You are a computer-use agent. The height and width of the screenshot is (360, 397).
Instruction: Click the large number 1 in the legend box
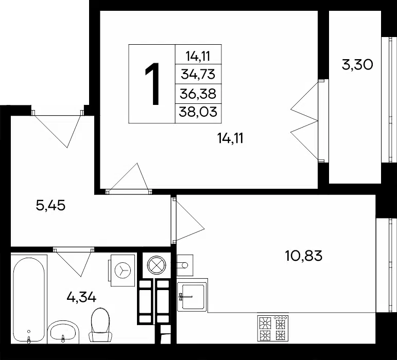tap(152, 84)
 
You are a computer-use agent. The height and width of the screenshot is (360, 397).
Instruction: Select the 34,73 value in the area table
tap(198, 75)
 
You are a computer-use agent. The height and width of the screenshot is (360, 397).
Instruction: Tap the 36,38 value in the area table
tap(198, 94)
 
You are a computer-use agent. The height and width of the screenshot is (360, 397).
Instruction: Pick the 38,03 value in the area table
tap(198, 112)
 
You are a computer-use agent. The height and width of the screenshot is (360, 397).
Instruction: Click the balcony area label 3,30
tap(357, 65)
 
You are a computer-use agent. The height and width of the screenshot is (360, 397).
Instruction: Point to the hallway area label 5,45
tap(50, 205)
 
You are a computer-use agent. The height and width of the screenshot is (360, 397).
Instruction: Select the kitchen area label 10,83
tap(304, 256)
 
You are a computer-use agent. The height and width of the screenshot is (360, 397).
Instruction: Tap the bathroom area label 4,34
tap(81, 297)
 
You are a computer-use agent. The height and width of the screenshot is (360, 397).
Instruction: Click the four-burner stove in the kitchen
tap(273, 328)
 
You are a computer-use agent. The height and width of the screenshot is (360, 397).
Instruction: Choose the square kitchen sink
tap(193, 295)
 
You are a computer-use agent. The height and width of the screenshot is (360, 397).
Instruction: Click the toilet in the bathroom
tap(100, 325)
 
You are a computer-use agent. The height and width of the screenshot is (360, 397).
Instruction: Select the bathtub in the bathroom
tap(29, 300)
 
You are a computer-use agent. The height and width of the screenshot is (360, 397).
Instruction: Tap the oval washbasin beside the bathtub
tap(63, 332)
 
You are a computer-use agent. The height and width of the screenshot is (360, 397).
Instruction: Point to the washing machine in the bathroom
tap(122, 270)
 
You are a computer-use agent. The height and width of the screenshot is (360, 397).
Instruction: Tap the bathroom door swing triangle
tap(74, 262)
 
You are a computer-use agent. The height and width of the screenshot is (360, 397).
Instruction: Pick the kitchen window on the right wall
tap(386, 265)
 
